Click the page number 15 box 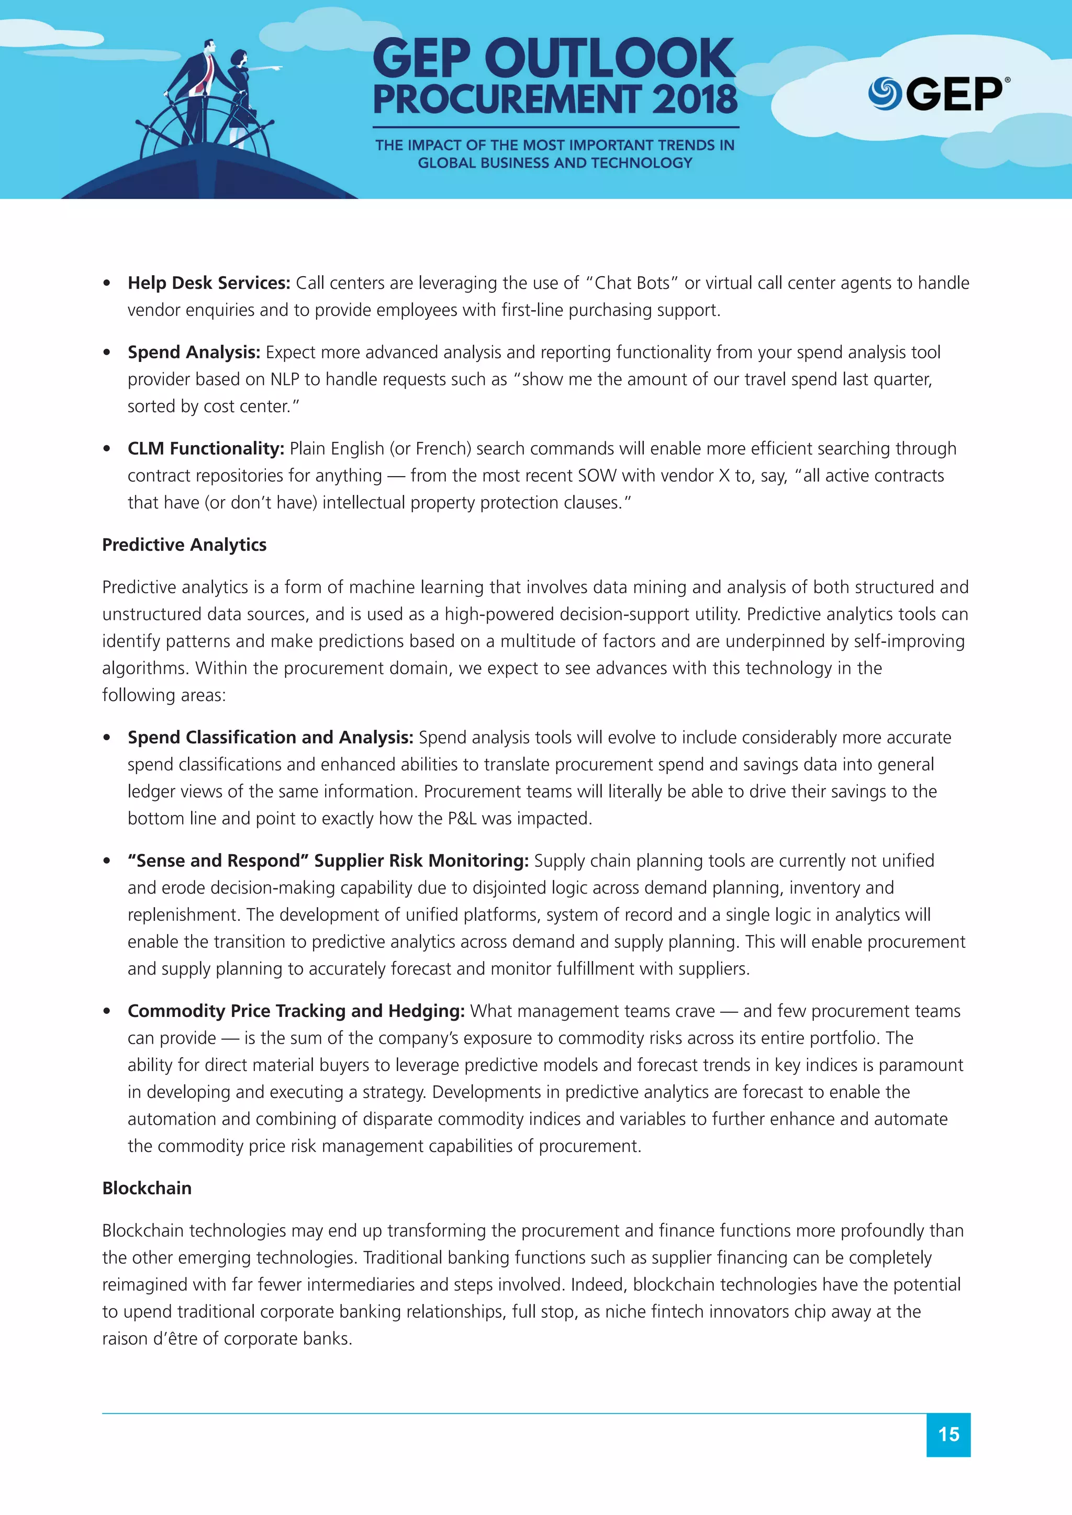pos(948,1434)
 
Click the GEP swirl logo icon pos(885,94)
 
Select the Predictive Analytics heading pos(184,545)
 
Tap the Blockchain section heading pos(147,1189)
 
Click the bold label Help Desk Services pos(209,283)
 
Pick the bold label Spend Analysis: pos(194,353)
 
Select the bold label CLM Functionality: pos(205,449)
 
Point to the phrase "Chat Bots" pos(631,283)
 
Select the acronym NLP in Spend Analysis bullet pos(285,379)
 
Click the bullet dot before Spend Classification pos(107,738)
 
